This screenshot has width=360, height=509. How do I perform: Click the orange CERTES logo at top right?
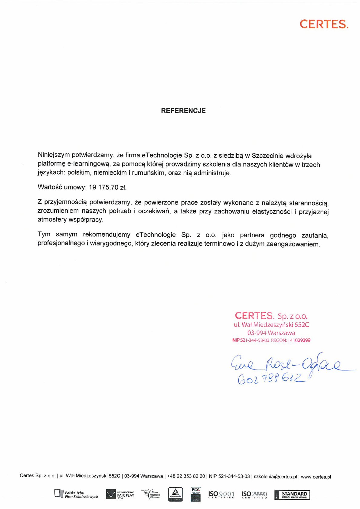click(324, 24)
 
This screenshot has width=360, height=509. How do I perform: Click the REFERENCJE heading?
click(183, 111)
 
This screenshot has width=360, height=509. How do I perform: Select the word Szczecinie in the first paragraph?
click(267, 156)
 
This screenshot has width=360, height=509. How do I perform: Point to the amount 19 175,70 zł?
click(107, 187)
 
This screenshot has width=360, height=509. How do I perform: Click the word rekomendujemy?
click(106, 235)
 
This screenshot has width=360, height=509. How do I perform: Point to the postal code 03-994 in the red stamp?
click(257, 333)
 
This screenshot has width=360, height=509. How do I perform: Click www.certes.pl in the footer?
click(316, 477)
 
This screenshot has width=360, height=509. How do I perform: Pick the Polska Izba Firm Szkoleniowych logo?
click(76, 495)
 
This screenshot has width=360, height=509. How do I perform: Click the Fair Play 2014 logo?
click(120, 495)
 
